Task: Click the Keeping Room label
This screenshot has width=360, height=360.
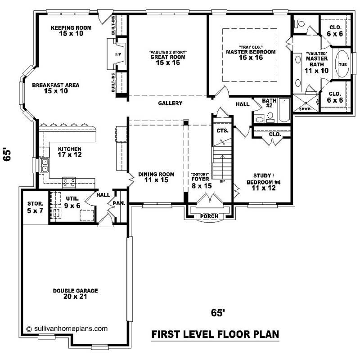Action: pos(71,31)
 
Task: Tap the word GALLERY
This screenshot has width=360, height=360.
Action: pos(170,103)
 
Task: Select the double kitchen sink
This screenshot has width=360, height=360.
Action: pos(44,166)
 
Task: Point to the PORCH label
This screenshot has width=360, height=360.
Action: pos(209,216)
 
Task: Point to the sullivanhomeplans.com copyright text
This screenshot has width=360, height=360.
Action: pos(67,328)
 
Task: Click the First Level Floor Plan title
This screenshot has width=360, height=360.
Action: pos(215,334)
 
